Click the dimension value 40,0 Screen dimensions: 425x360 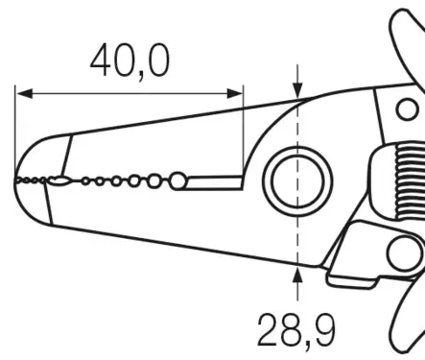[x=130, y=60]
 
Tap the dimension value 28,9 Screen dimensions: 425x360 [x=296, y=331]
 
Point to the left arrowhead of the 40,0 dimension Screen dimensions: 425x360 [x=24, y=94]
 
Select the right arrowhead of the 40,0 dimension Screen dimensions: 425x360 [x=235, y=94]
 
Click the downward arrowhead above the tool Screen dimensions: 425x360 [x=297, y=90]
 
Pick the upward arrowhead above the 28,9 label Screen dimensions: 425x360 [x=297, y=276]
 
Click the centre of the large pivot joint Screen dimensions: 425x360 [x=297, y=181]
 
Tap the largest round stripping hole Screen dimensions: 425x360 [x=177, y=180]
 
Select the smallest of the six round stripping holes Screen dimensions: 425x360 [x=85, y=181]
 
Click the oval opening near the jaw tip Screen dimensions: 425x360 [x=59, y=181]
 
